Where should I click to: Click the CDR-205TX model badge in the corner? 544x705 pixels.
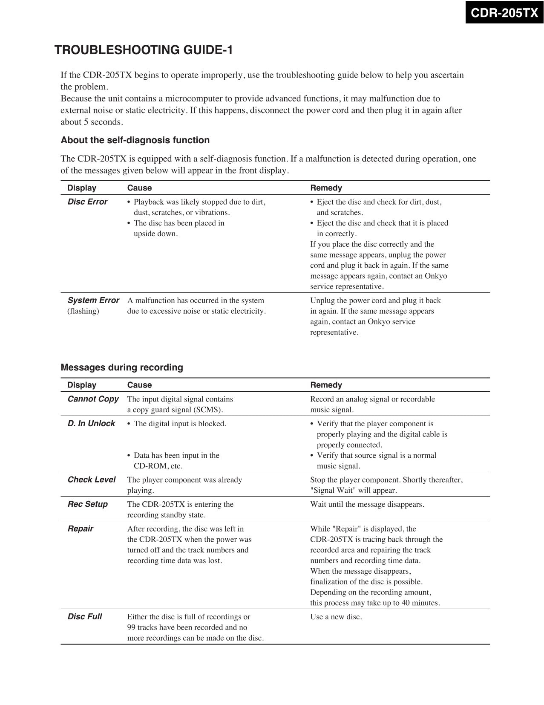(504, 12)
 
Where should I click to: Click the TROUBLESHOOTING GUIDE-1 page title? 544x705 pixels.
(144, 50)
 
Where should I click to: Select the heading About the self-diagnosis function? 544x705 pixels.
(135, 140)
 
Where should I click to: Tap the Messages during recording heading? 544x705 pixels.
(122, 367)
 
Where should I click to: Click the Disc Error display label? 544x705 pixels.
(87, 202)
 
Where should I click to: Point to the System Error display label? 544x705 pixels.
(93, 300)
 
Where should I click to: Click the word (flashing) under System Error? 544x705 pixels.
(83, 311)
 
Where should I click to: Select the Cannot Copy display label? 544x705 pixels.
(93, 399)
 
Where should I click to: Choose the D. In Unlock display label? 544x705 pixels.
(91, 423)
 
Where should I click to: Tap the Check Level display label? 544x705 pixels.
(92, 480)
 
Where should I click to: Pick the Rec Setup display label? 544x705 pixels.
(88, 504)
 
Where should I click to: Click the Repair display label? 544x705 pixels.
(81, 529)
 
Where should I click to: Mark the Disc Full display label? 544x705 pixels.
(85, 616)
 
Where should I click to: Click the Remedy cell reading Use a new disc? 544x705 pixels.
(336, 617)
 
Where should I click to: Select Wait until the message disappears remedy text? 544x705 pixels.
(367, 504)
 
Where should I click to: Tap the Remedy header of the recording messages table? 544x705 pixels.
(326, 385)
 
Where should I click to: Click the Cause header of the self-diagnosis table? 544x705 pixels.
(139, 188)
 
